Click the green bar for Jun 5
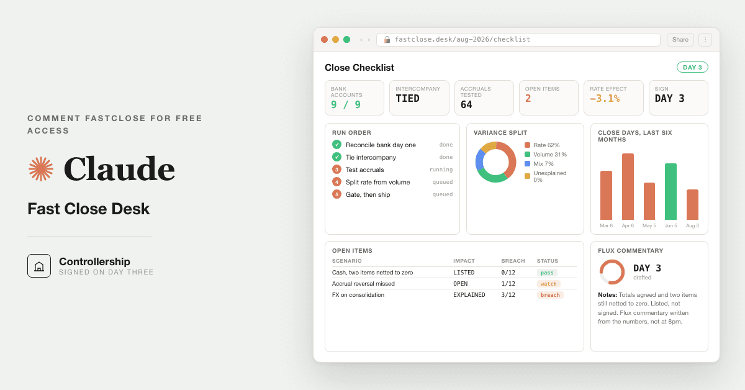(x=670, y=191)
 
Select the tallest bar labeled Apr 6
(x=628, y=186)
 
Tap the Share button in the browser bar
(x=680, y=40)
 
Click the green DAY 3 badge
(x=692, y=67)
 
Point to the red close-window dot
(x=324, y=40)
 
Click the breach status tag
(x=550, y=295)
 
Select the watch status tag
(x=548, y=284)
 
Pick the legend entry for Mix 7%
(x=539, y=164)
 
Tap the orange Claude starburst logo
(x=41, y=169)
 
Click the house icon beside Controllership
(x=39, y=266)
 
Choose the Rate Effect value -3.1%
(x=605, y=99)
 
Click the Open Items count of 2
(x=528, y=99)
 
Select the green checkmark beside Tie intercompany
(x=336, y=157)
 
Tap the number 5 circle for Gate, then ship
(x=336, y=194)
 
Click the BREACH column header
(x=513, y=261)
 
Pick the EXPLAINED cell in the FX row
(x=469, y=295)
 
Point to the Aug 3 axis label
(x=692, y=225)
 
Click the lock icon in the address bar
(x=387, y=40)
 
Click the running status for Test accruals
(x=441, y=170)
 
